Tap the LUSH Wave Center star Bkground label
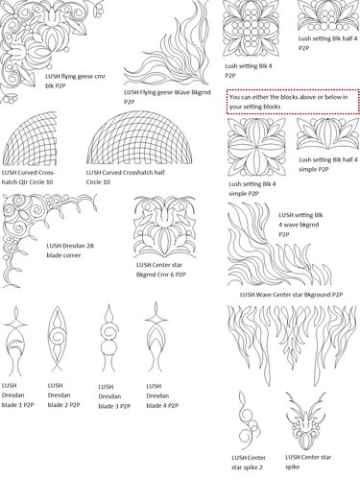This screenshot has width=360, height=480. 289,294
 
